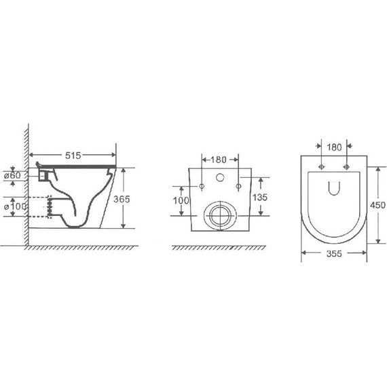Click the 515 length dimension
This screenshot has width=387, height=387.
pos(73,155)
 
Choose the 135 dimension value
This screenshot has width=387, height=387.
pos(260,198)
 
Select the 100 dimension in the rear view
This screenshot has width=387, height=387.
pos(181,202)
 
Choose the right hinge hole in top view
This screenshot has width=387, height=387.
pos(347,166)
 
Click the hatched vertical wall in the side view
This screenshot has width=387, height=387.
pos(24,183)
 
